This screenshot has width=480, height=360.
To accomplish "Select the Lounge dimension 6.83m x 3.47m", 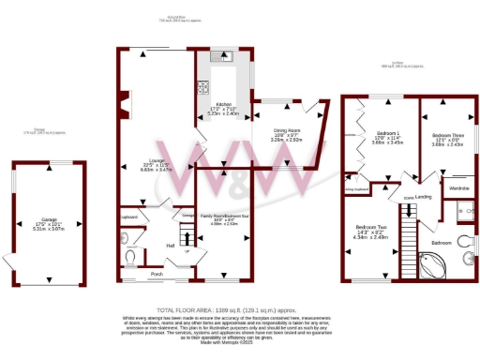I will pos(158,169).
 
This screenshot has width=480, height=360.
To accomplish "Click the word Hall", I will pos(172,246).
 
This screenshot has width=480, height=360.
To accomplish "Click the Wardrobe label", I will pos(458,187).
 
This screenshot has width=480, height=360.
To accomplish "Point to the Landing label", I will pos(424,196).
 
